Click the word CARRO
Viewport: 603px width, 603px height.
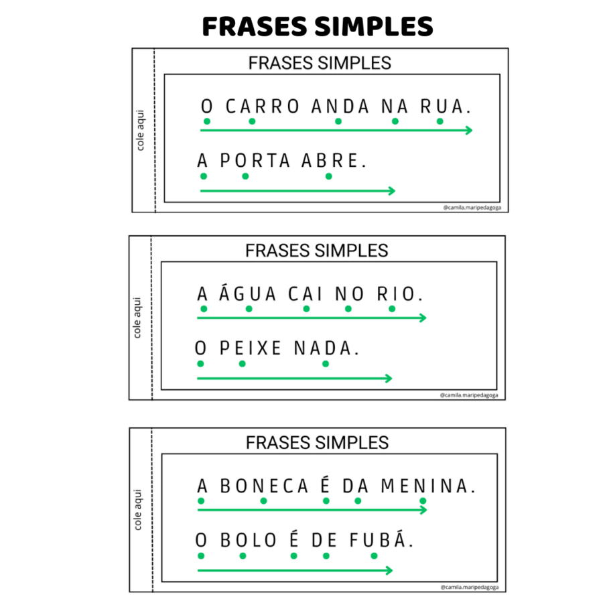click(262, 107)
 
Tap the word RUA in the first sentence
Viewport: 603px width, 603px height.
click(442, 107)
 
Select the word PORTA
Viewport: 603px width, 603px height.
click(255, 161)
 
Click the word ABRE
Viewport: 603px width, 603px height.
click(330, 161)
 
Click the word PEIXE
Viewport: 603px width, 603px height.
click(251, 348)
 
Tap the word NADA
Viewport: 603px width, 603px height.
click(322, 348)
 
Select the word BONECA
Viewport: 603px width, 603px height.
click(264, 486)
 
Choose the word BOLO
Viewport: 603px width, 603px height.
click(248, 540)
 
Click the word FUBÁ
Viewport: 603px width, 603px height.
click(378, 539)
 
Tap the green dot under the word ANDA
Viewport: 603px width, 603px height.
click(338, 121)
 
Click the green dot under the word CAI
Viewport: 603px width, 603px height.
click(306, 309)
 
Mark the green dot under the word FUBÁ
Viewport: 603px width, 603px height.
click(374, 555)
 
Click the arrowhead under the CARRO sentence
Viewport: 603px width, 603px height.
click(469, 131)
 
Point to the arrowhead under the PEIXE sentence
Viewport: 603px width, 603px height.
click(389, 379)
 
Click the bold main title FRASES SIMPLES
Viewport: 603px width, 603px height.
click(318, 27)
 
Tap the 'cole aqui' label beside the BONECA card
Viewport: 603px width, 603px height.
click(137, 510)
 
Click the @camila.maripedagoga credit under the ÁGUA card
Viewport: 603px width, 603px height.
click(469, 395)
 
